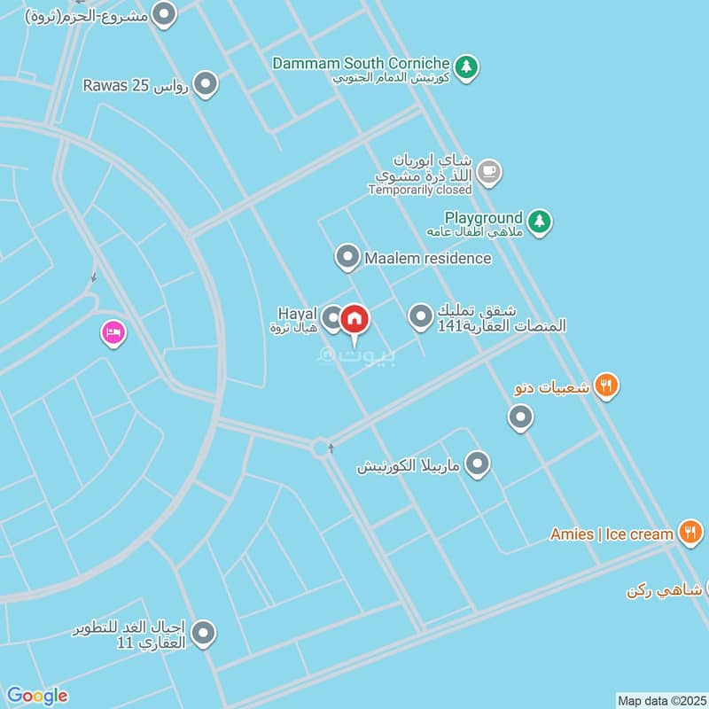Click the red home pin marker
pyautogui.click(x=354, y=319)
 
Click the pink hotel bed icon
pyautogui.click(x=113, y=333)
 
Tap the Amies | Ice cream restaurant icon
pyautogui.click(x=690, y=533)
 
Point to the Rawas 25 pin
pyautogui.click(x=206, y=85)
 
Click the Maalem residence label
pyautogui.click(x=427, y=258)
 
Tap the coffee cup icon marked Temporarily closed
pyautogui.click(x=487, y=171)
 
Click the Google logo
pyautogui.click(x=37, y=696)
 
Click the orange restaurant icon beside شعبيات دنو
pyautogui.click(x=606, y=386)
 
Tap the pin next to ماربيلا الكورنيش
pyautogui.click(x=478, y=464)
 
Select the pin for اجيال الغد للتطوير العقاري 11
pyautogui.click(x=205, y=633)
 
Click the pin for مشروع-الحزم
pyautogui.click(x=164, y=14)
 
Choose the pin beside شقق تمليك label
pyautogui.click(x=421, y=316)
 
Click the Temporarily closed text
pyautogui.click(x=420, y=190)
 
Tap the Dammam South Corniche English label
pyautogui.click(x=362, y=63)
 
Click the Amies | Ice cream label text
pyautogui.click(x=612, y=534)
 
